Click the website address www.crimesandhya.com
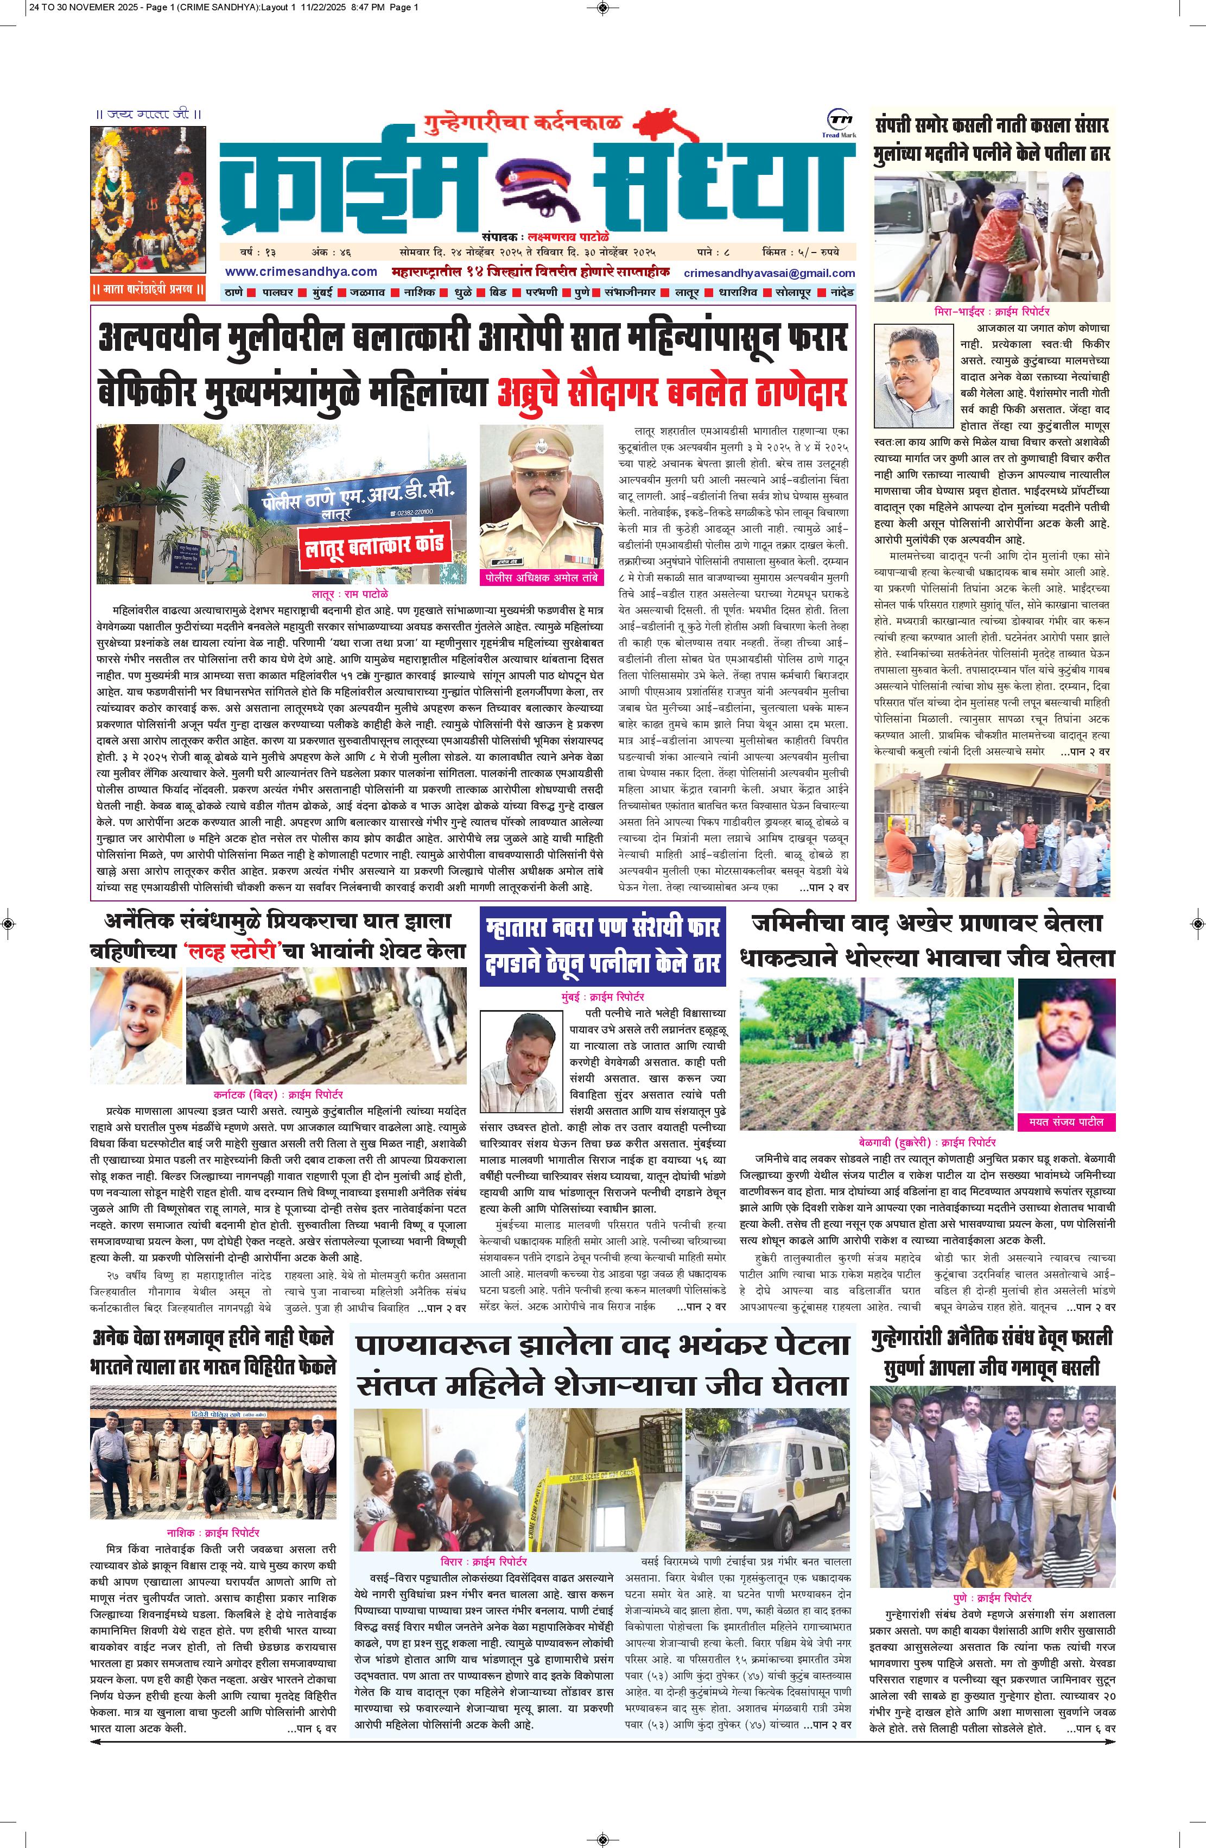click(x=301, y=272)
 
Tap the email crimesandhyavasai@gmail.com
click(x=769, y=273)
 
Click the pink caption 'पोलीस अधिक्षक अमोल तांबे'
click(x=541, y=578)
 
